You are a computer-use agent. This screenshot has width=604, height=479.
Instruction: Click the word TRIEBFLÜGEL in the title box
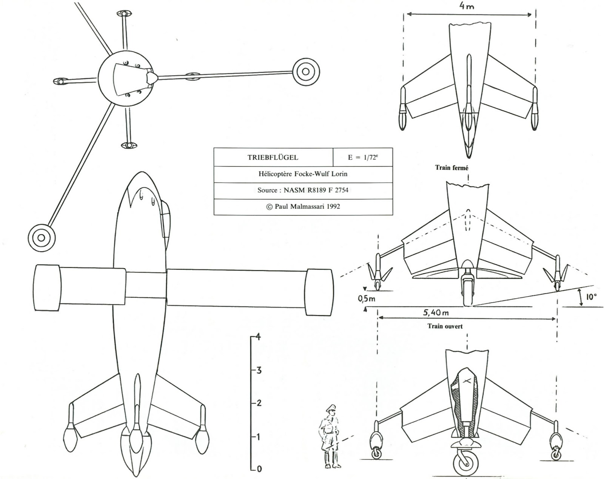(x=273, y=158)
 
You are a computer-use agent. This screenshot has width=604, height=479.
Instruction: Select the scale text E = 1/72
(x=362, y=158)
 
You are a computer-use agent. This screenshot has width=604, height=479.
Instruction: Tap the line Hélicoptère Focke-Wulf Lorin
(x=303, y=174)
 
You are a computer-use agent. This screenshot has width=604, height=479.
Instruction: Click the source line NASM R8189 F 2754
(x=303, y=190)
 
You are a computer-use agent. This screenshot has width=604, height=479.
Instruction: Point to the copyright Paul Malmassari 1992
(x=303, y=206)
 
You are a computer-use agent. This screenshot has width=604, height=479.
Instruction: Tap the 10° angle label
(x=591, y=297)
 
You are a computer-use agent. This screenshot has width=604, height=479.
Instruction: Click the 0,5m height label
(x=367, y=299)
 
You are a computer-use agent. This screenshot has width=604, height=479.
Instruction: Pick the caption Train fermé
(x=451, y=168)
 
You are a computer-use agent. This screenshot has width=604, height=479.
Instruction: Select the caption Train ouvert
(x=445, y=326)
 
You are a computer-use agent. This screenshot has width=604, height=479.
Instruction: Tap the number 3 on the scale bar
(x=259, y=370)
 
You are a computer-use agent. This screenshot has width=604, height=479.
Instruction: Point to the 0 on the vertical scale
(x=259, y=469)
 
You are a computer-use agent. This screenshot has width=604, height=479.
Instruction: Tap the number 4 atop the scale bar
(x=258, y=337)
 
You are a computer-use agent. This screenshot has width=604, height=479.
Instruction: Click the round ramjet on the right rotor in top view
(x=306, y=71)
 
